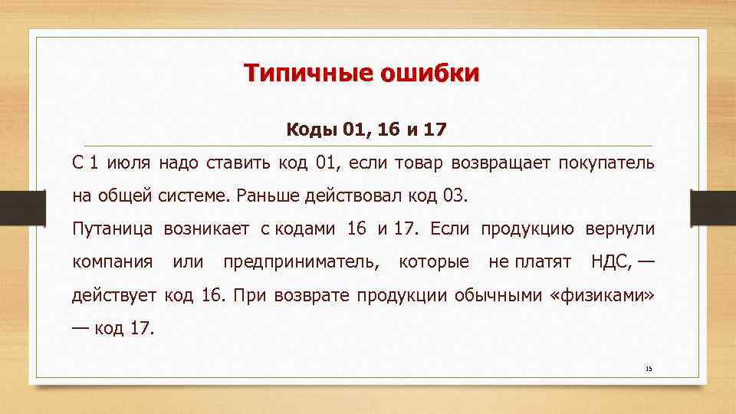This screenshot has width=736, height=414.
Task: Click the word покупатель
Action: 606,163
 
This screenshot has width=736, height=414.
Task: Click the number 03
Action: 454,195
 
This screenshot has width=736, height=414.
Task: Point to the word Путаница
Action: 112,228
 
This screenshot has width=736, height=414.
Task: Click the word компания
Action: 113,262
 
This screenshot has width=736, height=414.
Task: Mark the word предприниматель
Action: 301,262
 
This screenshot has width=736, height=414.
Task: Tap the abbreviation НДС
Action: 611,262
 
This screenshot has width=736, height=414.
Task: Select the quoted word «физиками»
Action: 603,295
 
